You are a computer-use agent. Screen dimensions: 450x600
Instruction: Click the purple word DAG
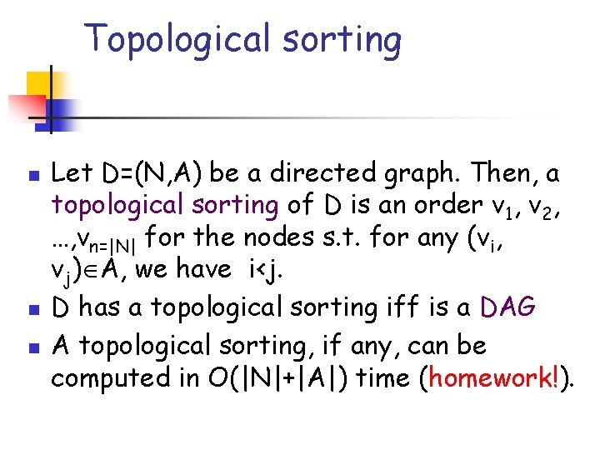tap(507, 308)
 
